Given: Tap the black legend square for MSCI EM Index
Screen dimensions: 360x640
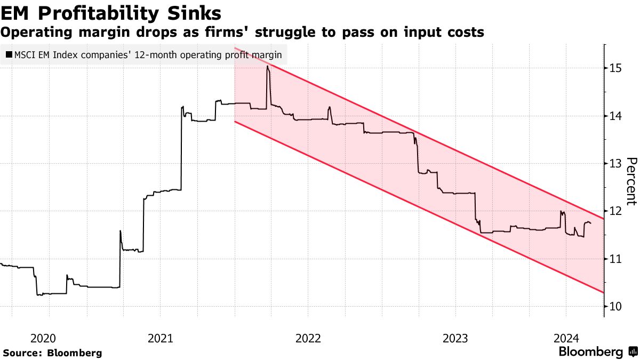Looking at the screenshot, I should tap(9, 54).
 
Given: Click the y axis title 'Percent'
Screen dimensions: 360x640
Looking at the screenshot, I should tap(631, 181).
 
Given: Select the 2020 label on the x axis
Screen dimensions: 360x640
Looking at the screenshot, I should tap(43, 338).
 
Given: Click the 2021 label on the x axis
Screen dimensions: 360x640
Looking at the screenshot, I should tap(160, 338).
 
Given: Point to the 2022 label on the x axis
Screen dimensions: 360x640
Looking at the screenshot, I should tap(307, 338).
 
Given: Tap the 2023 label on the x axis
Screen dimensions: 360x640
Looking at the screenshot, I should tap(454, 338).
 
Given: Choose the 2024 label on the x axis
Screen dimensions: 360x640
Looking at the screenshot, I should tap(566, 338).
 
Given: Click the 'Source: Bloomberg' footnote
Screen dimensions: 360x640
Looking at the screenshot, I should tap(52, 353).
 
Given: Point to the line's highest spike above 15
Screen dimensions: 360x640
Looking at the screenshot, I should tap(267, 67).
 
